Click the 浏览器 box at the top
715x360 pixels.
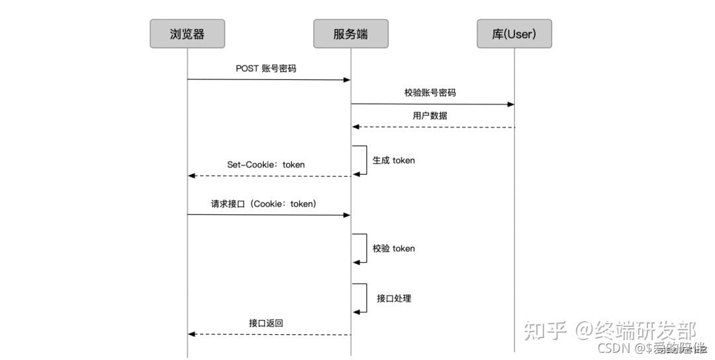point(187,34)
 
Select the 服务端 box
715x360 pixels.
point(351,34)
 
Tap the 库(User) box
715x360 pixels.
point(514,34)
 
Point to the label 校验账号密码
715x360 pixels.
point(430,93)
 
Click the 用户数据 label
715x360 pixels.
point(430,116)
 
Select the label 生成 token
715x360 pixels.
point(393,160)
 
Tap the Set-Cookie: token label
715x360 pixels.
point(266,164)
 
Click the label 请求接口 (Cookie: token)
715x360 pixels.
point(263,204)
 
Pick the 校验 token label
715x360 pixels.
point(393,248)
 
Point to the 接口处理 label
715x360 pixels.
point(394,298)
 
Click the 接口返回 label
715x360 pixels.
point(266,323)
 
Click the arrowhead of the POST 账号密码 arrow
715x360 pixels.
point(347,80)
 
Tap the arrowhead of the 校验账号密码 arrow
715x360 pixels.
point(510,105)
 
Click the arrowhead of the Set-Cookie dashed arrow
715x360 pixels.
point(192,176)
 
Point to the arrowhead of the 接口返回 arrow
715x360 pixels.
point(192,335)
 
